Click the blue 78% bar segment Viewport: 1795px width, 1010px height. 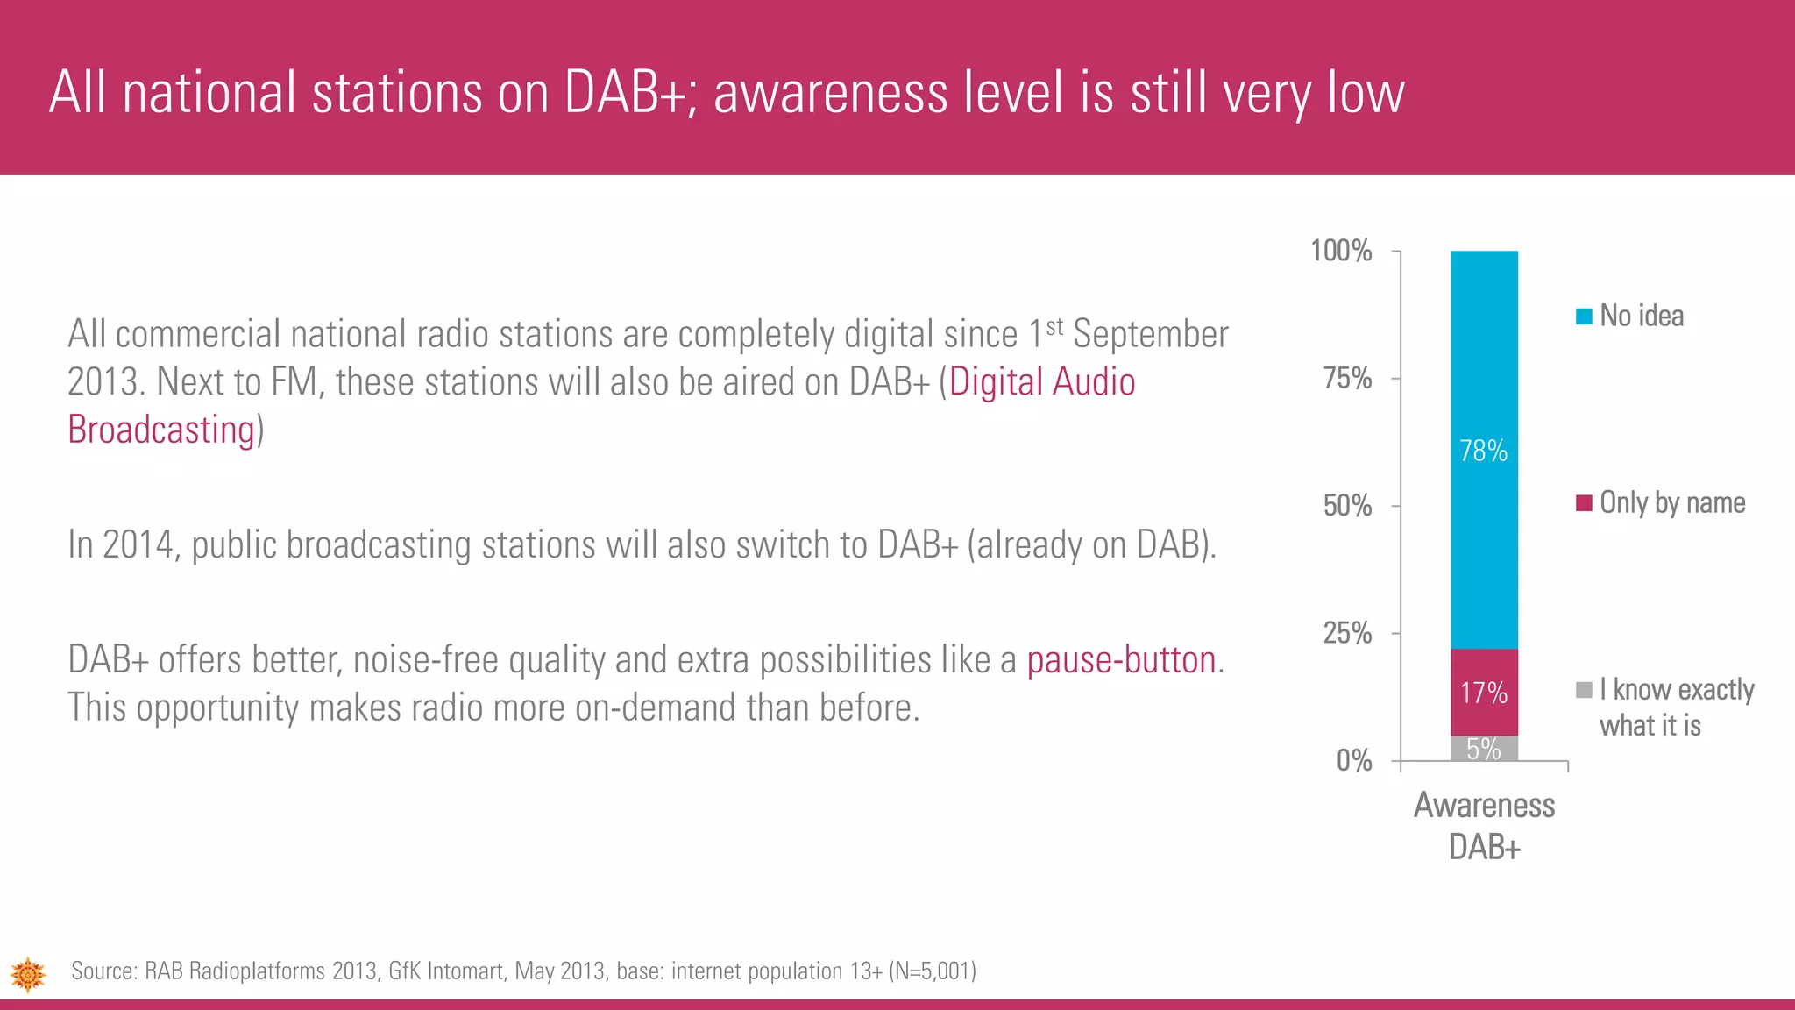1484,449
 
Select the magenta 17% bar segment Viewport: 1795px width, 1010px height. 1484,692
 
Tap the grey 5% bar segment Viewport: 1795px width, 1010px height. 1484,749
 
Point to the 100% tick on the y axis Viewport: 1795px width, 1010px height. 1341,252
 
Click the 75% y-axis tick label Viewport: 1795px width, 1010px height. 1347,379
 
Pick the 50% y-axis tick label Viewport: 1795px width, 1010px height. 1347,506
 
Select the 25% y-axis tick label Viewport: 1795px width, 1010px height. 1347,633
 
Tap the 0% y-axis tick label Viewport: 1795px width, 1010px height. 1354,760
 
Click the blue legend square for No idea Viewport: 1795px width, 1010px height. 1584,317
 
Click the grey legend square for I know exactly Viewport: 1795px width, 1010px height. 1584,690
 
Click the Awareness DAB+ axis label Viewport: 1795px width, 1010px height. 1484,825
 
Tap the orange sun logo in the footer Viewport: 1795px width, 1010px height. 28,974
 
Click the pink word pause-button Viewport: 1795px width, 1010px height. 1121,660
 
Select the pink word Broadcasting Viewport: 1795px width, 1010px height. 161,430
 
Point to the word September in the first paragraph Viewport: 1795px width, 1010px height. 1150,335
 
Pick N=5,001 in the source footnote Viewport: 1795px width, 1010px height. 933,971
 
